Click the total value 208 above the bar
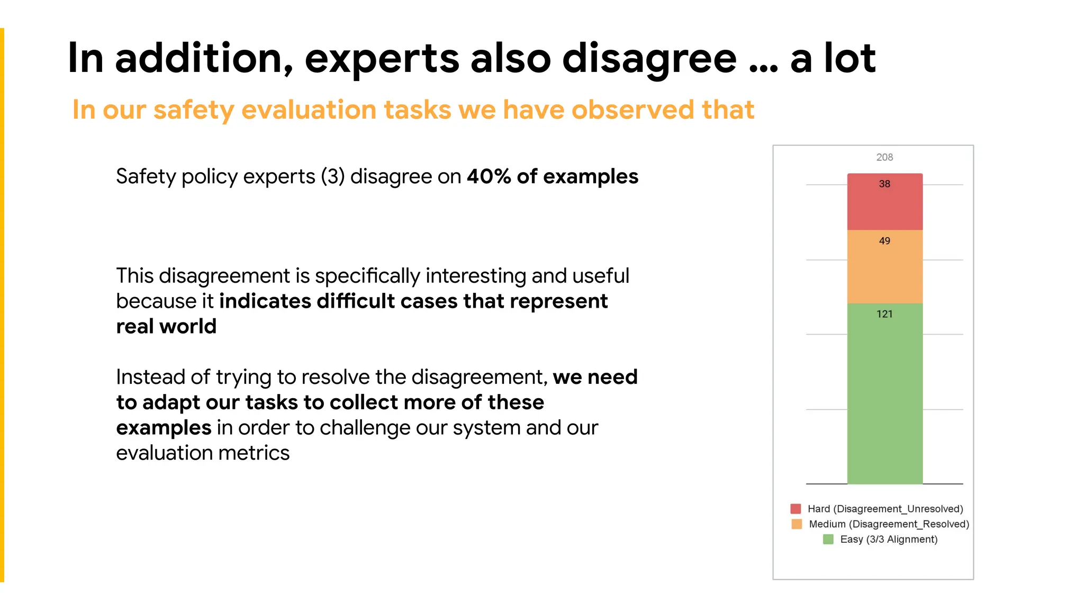[884, 157]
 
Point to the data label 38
[884, 184]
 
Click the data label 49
[884, 241]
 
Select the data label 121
[884, 315]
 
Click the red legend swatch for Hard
[796, 509]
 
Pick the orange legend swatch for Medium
[797, 524]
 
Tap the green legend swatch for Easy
[828, 540]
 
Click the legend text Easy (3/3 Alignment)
[889, 540]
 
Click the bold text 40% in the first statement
[489, 176]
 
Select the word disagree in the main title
[649, 59]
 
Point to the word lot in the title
[849, 58]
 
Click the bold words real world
[166, 327]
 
